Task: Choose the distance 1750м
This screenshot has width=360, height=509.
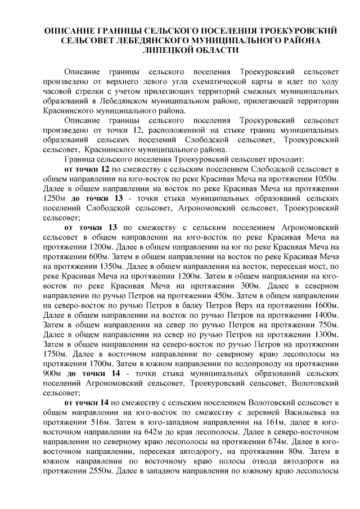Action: [56, 353]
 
